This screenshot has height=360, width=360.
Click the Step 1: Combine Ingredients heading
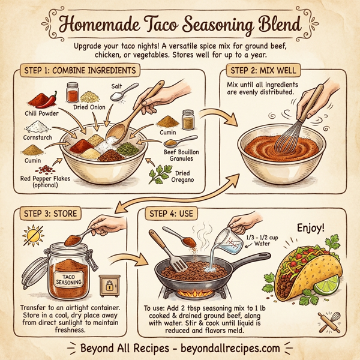[x=79, y=70]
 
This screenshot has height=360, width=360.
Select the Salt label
[x=116, y=86]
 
